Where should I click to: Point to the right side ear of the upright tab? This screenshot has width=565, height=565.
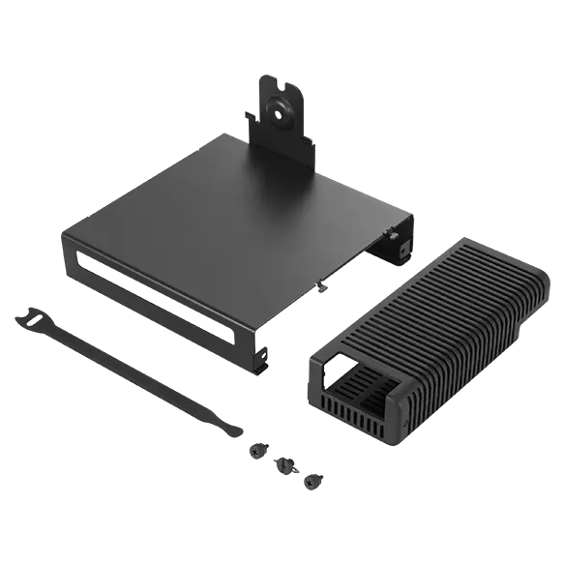[x=312, y=142]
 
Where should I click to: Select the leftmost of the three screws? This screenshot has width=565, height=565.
[x=259, y=448]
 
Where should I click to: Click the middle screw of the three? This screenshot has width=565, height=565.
[x=286, y=466]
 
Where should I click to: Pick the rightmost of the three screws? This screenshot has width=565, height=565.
[x=312, y=480]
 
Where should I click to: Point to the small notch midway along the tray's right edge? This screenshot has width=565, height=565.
[x=319, y=283]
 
